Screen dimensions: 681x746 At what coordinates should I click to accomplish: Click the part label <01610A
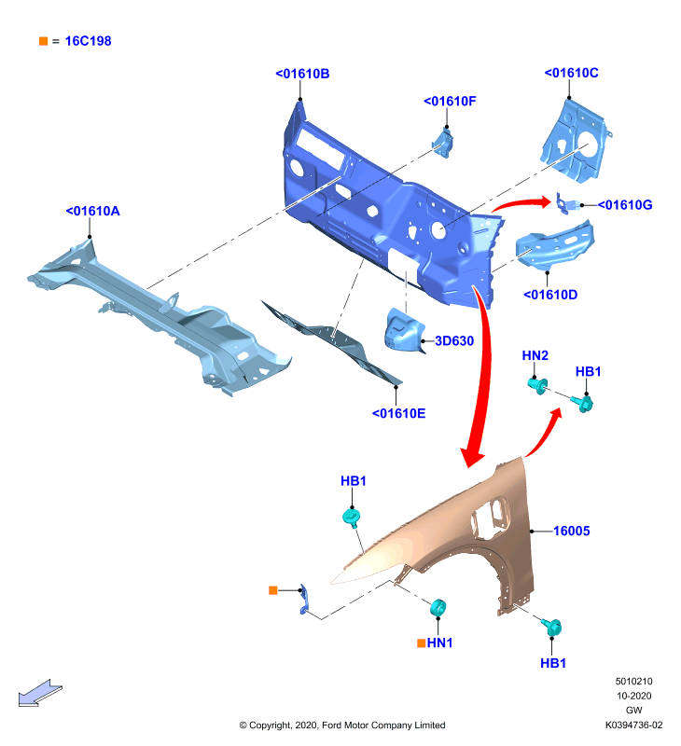tap(92, 211)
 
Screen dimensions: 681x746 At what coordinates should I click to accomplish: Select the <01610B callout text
tap(302, 74)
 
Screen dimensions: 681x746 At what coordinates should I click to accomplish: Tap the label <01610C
tap(571, 73)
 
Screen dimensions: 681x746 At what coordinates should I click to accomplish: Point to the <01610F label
tap(450, 101)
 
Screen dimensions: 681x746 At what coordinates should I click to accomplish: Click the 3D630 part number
tap(454, 340)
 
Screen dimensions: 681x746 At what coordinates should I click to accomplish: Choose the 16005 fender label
tap(572, 531)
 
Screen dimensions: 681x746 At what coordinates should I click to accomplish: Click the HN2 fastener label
tap(535, 355)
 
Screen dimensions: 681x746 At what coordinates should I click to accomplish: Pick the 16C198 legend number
tap(88, 41)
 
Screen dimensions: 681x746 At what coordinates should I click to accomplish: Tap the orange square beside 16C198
tap(43, 41)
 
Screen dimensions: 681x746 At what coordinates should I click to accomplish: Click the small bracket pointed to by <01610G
tap(566, 204)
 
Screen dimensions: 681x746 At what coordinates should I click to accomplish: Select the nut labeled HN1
tap(438, 608)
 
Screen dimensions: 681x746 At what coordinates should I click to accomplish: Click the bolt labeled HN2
tap(537, 385)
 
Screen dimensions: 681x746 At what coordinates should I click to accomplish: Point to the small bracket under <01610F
tap(443, 143)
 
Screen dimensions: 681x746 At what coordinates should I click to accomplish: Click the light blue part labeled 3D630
tap(403, 330)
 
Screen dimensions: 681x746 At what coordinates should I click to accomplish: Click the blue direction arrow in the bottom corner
tap(40, 693)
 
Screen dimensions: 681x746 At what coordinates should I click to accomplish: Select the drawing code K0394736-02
tap(633, 725)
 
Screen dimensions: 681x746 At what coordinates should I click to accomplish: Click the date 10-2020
tap(633, 696)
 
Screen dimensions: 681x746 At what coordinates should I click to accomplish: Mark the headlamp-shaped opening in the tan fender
tap(489, 518)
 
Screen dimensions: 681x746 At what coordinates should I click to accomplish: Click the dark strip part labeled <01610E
tap(332, 341)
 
